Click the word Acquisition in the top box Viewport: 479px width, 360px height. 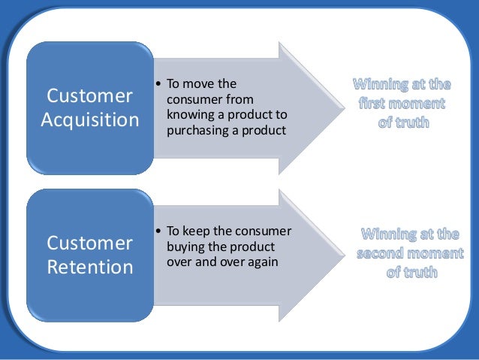[90, 120]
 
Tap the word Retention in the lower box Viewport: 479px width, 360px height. [90, 267]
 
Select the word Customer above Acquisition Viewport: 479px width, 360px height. [90, 96]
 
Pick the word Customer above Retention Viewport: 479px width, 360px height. [90, 243]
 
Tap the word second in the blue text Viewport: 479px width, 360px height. [389, 253]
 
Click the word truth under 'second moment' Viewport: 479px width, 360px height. [420, 272]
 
